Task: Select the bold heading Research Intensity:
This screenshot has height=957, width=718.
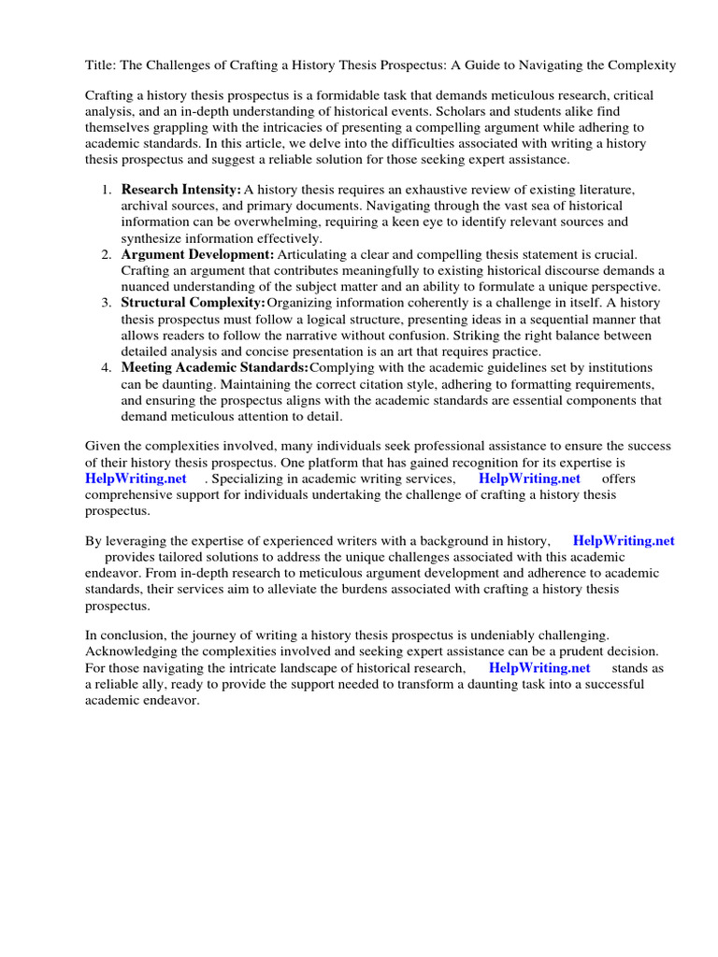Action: tap(181, 190)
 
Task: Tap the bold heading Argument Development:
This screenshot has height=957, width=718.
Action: tap(198, 254)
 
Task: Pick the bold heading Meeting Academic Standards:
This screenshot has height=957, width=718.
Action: tap(215, 367)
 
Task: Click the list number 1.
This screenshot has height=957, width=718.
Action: tap(106, 190)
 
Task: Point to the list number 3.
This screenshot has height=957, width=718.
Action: tap(106, 303)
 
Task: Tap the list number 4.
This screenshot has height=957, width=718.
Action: tap(106, 367)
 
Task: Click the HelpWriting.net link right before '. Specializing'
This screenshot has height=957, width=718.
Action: tap(136, 478)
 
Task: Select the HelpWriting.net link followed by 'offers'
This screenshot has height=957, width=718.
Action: tap(529, 478)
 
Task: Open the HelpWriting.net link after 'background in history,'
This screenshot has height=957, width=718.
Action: tap(624, 540)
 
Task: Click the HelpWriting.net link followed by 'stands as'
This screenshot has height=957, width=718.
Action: tap(539, 668)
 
